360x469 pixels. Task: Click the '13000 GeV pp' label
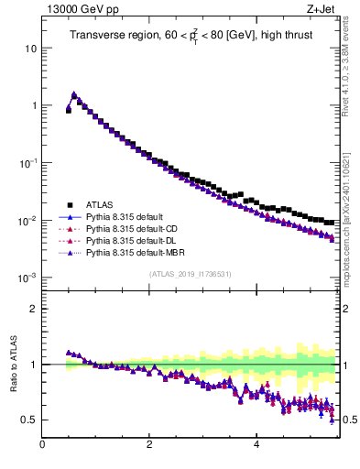pos(76,8)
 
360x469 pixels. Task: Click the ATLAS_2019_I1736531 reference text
pos(189,274)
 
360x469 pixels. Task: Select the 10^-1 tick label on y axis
pos(28,162)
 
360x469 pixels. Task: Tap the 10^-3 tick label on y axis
pos(28,278)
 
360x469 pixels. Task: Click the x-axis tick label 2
pos(149,446)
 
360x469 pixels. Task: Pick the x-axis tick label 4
pos(256,446)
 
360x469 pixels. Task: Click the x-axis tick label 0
pos(42,446)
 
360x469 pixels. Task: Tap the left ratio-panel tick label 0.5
pos(29,420)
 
